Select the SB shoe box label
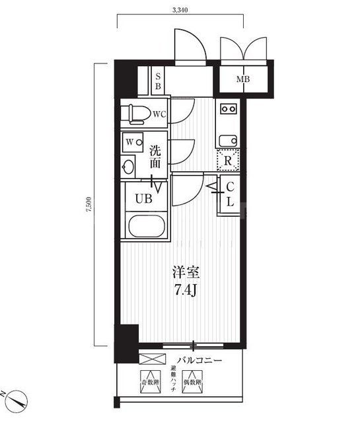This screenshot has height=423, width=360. [x=158, y=81]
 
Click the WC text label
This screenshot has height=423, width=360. [x=159, y=114]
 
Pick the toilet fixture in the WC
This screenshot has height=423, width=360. [x=136, y=114]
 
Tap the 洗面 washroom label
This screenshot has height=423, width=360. [x=156, y=155]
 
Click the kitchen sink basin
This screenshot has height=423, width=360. [x=229, y=139]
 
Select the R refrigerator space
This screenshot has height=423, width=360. [x=228, y=159]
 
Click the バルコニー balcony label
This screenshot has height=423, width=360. [x=199, y=360]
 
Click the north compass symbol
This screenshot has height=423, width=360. [x=18, y=399]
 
